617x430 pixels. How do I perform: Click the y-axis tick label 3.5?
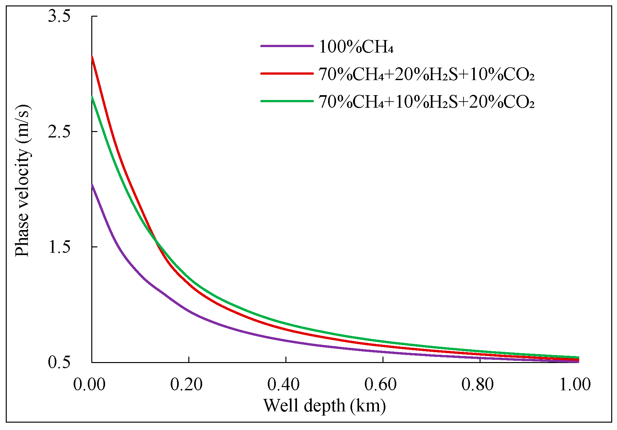(x=59, y=16)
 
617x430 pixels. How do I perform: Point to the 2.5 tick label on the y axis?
(x=59, y=131)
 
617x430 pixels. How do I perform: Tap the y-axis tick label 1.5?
(x=59, y=247)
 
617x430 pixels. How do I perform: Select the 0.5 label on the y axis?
(x=59, y=362)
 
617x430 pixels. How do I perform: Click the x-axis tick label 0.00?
(x=89, y=384)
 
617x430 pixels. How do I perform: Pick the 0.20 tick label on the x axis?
(x=186, y=384)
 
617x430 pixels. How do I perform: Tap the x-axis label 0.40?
(x=284, y=384)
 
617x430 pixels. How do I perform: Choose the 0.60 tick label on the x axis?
(x=381, y=384)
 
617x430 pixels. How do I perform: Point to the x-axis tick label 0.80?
(x=478, y=384)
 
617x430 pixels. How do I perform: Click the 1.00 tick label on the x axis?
(x=575, y=384)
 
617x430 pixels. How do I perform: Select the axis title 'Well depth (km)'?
(x=325, y=406)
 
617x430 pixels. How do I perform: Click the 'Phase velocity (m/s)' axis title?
(x=23, y=181)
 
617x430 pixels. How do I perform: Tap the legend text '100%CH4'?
(x=356, y=47)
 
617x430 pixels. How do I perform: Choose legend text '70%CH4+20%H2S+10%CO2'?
(x=426, y=75)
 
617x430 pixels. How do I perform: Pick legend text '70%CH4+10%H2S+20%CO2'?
(x=426, y=102)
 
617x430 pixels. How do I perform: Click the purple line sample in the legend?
(x=287, y=46)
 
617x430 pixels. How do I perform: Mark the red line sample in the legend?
(x=287, y=74)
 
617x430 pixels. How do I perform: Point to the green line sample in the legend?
(x=287, y=101)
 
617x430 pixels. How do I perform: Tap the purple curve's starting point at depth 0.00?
(x=92, y=184)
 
